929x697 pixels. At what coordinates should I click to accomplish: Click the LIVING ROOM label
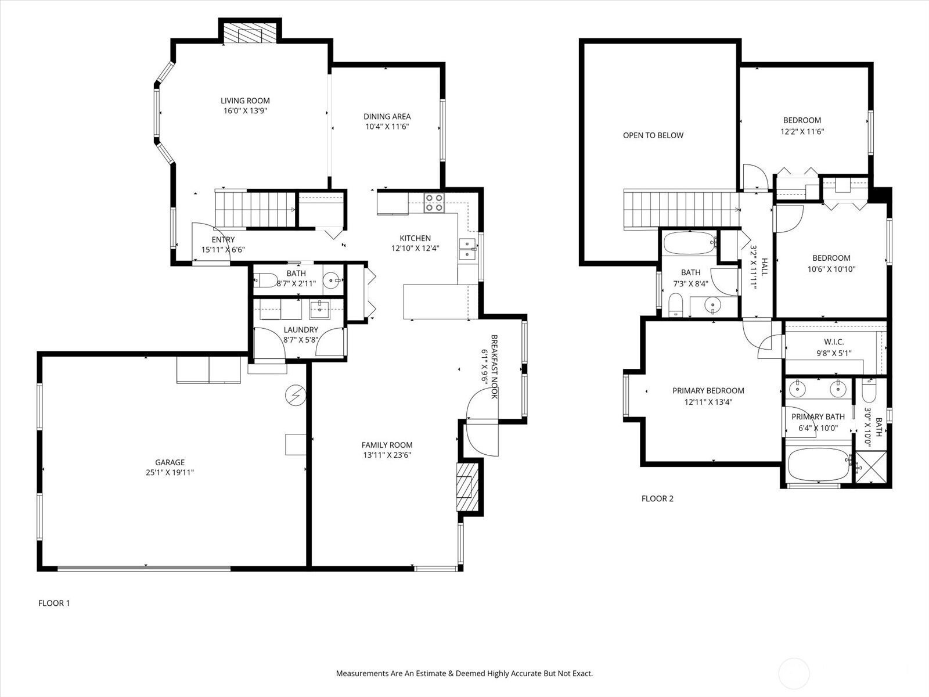(245, 100)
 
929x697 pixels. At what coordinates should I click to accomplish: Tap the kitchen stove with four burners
(434, 203)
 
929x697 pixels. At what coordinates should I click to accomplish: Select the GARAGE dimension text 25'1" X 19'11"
(170, 472)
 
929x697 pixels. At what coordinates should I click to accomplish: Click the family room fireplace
(467, 487)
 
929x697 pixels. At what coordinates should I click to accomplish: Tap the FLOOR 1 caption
(54, 603)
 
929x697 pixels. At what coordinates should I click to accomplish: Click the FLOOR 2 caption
(657, 498)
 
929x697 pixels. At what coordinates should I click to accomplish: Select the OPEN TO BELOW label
(653, 135)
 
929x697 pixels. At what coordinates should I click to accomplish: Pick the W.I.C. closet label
(834, 342)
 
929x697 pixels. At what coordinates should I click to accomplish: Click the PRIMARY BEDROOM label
(708, 390)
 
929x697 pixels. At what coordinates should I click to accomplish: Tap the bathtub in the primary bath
(819, 464)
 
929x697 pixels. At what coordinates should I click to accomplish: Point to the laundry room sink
(319, 310)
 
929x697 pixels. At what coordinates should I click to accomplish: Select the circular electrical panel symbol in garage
(296, 396)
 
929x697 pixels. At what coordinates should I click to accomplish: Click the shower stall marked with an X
(871, 467)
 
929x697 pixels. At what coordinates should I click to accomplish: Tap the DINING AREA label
(387, 116)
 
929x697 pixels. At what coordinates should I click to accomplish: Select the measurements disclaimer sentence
(464, 673)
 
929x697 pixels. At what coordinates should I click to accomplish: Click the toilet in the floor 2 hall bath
(675, 305)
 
